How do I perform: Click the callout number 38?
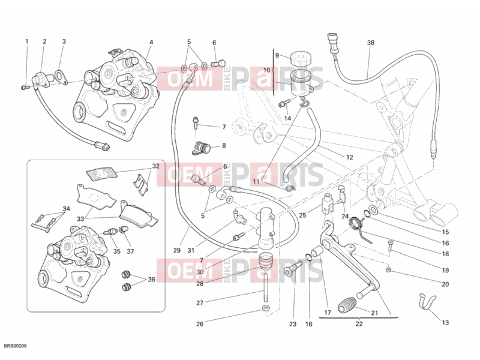click(x=370, y=43)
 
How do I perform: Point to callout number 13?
click(x=445, y=323)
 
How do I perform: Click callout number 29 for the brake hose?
click(x=177, y=250)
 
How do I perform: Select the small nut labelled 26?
click(x=265, y=308)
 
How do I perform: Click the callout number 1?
click(x=26, y=41)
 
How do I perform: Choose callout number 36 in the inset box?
click(x=152, y=280)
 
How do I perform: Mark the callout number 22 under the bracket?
click(x=359, y=324)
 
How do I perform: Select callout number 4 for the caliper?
click(x=151, y=42)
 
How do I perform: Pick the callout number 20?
click(x=445, y=284)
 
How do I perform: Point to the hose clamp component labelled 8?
click(x=202, y=147)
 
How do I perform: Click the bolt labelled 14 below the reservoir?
click(x=284, y=103)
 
